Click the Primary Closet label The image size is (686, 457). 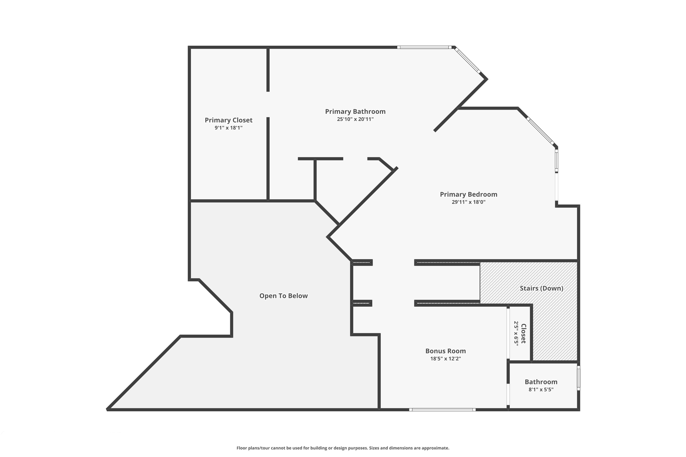[228, 120]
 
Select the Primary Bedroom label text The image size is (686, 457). [468, 194]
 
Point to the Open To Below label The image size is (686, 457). [283, 296]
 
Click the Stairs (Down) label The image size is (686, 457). [541, 288]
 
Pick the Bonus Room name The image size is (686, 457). [445, 351]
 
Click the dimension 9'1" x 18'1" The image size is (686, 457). [228, 128]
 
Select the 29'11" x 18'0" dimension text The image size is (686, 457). [468, 202]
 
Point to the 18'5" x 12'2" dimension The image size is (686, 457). [445, 359]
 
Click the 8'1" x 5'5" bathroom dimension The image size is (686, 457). [541, 389]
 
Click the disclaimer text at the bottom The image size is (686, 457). [343, 448]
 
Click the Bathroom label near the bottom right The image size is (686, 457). [541, 382]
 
